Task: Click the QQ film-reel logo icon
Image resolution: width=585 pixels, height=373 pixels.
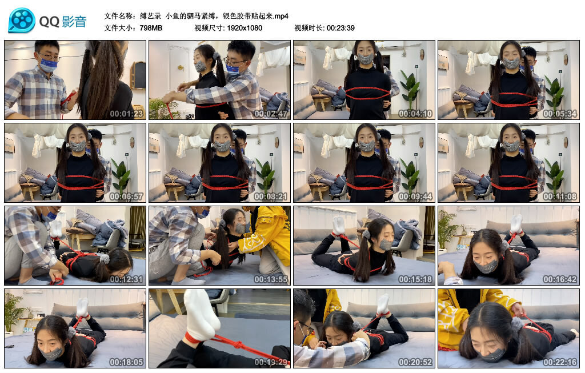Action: point(22,21)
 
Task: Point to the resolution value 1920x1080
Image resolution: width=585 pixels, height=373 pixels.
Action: point(243,27)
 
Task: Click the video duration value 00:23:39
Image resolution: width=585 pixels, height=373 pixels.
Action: point(340,27)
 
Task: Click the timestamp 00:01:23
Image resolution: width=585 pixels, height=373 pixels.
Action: point(127,113)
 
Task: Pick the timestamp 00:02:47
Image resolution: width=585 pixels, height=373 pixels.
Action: point(271,113)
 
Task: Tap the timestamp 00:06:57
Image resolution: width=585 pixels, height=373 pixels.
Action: point(127,196)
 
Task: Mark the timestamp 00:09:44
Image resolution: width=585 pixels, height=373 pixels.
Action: point(416,196)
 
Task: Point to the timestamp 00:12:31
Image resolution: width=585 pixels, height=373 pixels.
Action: point(127,279)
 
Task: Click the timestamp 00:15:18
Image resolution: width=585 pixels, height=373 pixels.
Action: point(416,279)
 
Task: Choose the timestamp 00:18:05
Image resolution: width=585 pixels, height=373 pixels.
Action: point(127,362)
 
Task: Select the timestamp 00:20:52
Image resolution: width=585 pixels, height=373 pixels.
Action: point(416,362)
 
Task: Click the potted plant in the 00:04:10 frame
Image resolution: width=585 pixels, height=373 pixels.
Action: point(409,89)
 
